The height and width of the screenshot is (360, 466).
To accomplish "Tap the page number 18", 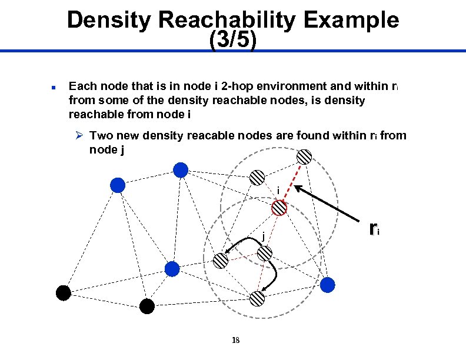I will click(x=235, y=341).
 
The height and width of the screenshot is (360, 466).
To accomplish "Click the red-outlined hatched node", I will click(x=279, y=208).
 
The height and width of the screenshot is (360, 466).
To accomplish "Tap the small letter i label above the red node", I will click(x=277, y=190).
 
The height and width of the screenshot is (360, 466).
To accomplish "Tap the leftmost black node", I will click(x=63, y=292).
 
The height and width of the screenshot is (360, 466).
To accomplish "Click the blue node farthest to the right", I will click(x=327, y=285).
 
